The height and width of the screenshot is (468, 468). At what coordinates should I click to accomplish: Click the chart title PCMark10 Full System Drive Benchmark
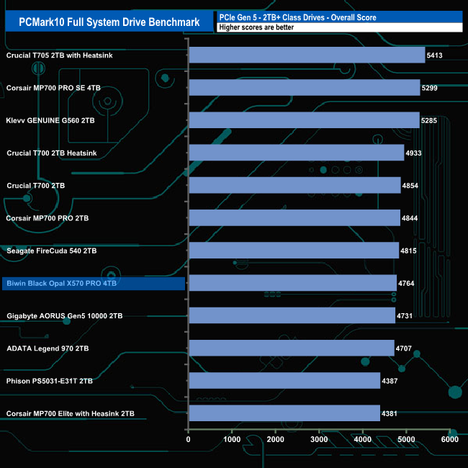click(x=109, y=22)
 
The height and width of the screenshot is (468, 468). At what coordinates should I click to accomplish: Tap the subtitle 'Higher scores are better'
click(x=256, y=27)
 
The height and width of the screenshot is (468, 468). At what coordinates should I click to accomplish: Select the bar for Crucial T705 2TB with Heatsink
click(x=307, y=55)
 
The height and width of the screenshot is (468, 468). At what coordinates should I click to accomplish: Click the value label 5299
click(x=432, y=88)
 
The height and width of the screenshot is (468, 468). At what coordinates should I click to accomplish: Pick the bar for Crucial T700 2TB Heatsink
click(x=296, y=153)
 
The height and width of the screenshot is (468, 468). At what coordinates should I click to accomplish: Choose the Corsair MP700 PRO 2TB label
click(x=48, y=218)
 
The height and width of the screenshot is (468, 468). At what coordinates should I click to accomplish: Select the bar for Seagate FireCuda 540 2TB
click(x=294, y=251)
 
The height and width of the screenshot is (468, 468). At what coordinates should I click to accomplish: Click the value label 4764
click(x=408, y=284)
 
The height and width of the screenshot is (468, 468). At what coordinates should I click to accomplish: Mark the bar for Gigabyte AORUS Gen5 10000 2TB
click(x=292, y=315)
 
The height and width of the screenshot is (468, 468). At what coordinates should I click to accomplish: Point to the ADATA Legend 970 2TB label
click(x=48, y=348)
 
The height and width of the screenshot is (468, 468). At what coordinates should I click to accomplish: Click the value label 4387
click(x=392, y=381)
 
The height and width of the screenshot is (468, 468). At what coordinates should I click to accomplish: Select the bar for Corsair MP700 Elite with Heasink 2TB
click(x=284, y=413)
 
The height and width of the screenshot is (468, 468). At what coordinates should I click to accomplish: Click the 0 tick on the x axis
click(x=189, y=439)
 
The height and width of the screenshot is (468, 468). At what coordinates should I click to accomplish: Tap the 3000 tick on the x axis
click(x=319, y=439)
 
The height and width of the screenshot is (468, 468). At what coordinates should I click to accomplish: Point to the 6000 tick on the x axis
click(x=449, y=439)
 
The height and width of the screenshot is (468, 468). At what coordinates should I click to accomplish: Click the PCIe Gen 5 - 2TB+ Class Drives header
click(x=297, y=17)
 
